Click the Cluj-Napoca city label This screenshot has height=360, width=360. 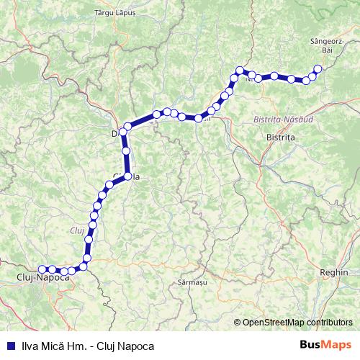click(x=42, y=276)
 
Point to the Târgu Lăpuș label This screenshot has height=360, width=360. click(x=115, y=13)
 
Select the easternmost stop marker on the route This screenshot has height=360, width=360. click(x=318, y=69)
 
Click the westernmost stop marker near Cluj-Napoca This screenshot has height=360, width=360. click(x=42, y=269)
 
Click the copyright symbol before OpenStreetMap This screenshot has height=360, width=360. click(x=238, y=322)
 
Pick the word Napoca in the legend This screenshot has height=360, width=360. click(x=136, y=346)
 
